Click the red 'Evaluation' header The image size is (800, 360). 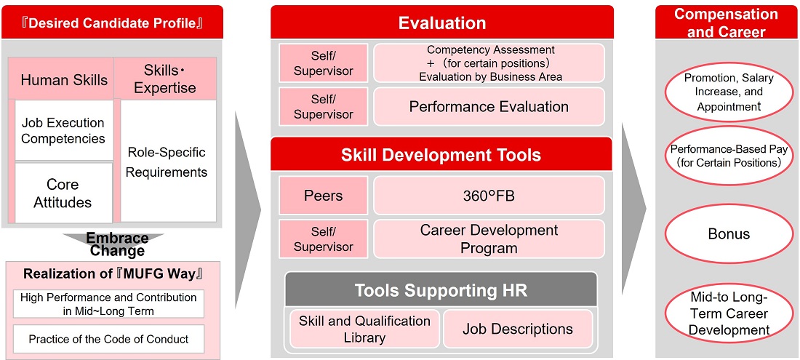[x=442, y=23]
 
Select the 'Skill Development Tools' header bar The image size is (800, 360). [x=441, y=155]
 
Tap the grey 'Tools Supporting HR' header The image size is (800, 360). [x=441, y=291]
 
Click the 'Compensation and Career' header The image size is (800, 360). [x=726, y=23]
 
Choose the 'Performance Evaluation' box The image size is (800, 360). [x=489, y=107]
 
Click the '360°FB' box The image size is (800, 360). [x=489, y=196]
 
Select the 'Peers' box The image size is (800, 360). [x=323, y=196]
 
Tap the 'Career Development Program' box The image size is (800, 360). [x=489, y=239]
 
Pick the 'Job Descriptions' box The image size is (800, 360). [x=517, y=329]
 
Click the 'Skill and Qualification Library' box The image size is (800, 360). [x=364, y=329]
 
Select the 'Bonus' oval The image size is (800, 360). [x=729, y=234]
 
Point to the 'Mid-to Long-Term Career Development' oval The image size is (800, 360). [x=729, y=313]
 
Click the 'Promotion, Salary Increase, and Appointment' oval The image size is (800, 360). [x=729, y=92]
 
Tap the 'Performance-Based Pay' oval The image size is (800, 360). [x=729, y=156]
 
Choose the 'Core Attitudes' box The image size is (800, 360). [x=63, y=193]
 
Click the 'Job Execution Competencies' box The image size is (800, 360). [x=63, y=130]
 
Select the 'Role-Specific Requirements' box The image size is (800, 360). [x=167, y=161]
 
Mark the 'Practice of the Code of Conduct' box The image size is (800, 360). [x=108, y=339]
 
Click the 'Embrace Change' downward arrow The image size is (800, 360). [x=117, y=243]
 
